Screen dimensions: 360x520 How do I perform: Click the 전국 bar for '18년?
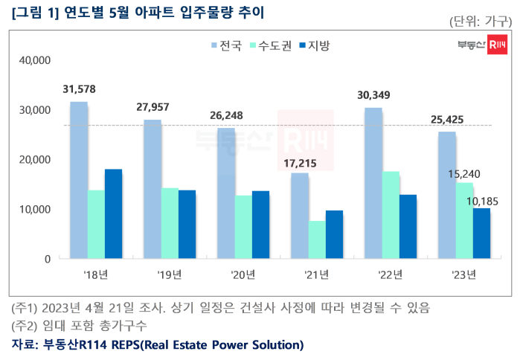pos(78,180)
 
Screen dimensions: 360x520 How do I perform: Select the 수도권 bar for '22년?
pos(391,215)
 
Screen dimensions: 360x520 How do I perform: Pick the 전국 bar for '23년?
pos(447,195)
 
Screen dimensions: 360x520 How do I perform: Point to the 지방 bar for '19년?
pos(187,224)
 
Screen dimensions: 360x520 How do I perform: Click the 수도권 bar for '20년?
pos(243,227)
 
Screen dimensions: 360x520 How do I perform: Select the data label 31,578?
pos(79,89)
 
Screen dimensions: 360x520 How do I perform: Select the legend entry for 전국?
pos(226,46)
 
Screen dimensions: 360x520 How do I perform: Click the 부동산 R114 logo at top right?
pos(483,46)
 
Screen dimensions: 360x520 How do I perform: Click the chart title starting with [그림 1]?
pos(138,13)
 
